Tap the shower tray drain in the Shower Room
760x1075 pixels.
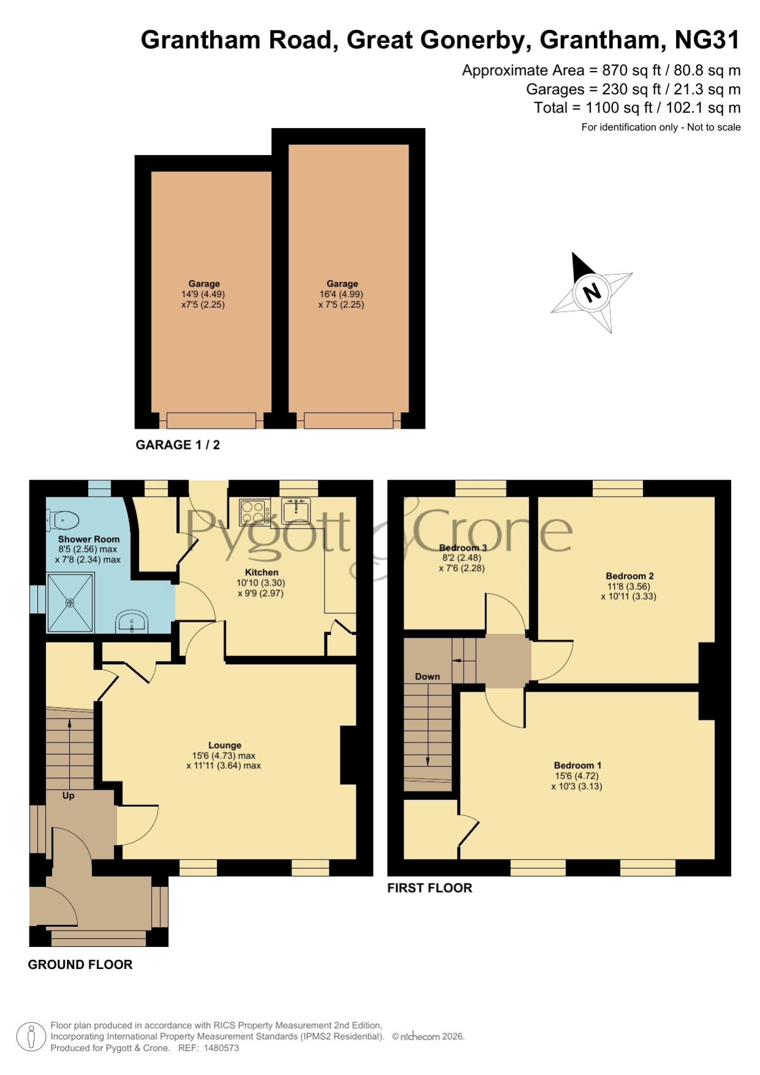point(70,603)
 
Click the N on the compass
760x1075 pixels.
point(592,292)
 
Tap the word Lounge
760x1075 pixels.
point(225,745)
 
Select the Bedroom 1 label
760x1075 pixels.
point(578,765)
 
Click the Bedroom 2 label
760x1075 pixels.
point(630,576)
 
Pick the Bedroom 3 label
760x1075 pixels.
point(463,548)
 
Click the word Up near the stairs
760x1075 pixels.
point(68,796)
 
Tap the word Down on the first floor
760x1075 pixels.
point(427,677)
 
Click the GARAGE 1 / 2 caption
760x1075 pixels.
point(178,445)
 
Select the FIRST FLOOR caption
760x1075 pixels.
point(429,888)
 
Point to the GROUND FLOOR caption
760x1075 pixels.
point(80,965)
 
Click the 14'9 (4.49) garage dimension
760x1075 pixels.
point(203,294)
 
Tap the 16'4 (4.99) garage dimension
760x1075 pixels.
point(341,294)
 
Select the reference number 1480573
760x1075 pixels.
point(221,1048)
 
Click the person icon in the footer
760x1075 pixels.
point(31,1037)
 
